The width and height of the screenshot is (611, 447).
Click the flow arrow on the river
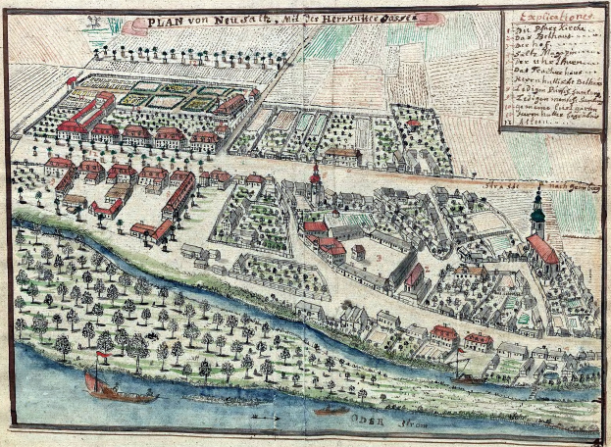(x=262, y=416)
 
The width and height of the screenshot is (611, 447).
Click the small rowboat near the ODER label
(x=331, y=410)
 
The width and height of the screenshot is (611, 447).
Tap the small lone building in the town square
(x=359, y=251)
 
